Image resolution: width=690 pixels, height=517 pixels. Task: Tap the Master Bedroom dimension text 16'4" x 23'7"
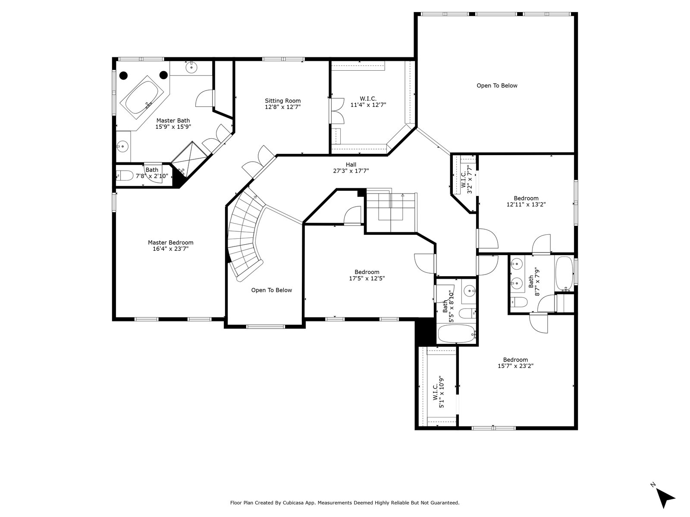[x=170, y=249]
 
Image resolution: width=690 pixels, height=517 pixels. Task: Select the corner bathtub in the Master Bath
[x=142, y=98]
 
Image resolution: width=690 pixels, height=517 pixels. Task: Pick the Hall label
[x=351, y=165]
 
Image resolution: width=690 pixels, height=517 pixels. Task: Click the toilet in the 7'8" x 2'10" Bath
[x=125, y=175]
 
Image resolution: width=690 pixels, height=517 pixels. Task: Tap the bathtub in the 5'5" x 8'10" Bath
[x=456, y=334]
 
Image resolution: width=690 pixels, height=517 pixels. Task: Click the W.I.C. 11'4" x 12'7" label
[x=368, y=102]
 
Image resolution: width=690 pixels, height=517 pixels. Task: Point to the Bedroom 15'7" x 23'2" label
[x=515, y=363]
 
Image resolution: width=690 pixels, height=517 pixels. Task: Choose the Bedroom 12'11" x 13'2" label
[x=526, y=201]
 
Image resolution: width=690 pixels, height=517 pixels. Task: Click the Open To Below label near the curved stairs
[x=272, y=290]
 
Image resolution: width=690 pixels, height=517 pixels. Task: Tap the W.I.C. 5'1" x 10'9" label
[x=438, y=392]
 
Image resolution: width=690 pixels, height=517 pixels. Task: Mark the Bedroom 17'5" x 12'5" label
[x=367, y=275]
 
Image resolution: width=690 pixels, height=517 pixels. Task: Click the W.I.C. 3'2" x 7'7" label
[x=467, y=179]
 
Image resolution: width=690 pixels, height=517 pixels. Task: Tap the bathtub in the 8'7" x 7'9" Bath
[x=565, y=274]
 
